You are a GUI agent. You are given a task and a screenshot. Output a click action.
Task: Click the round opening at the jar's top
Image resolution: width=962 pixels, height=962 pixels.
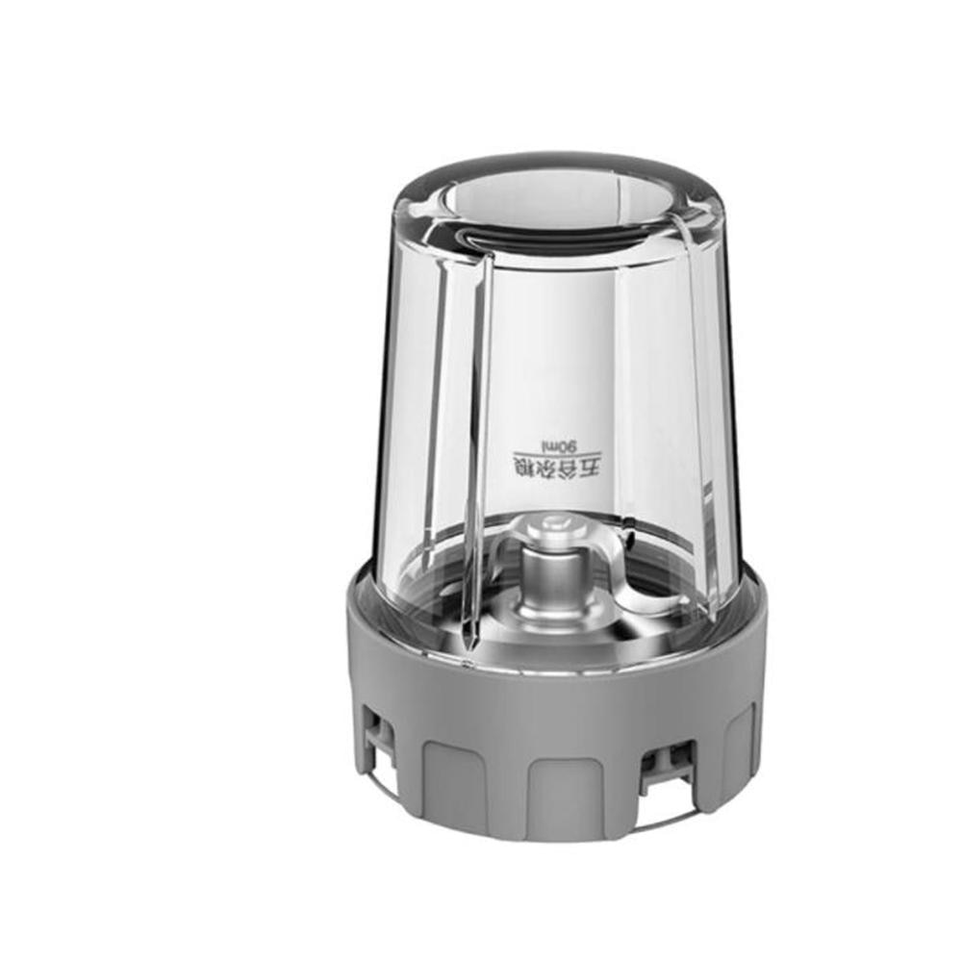[x=558, y=207]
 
